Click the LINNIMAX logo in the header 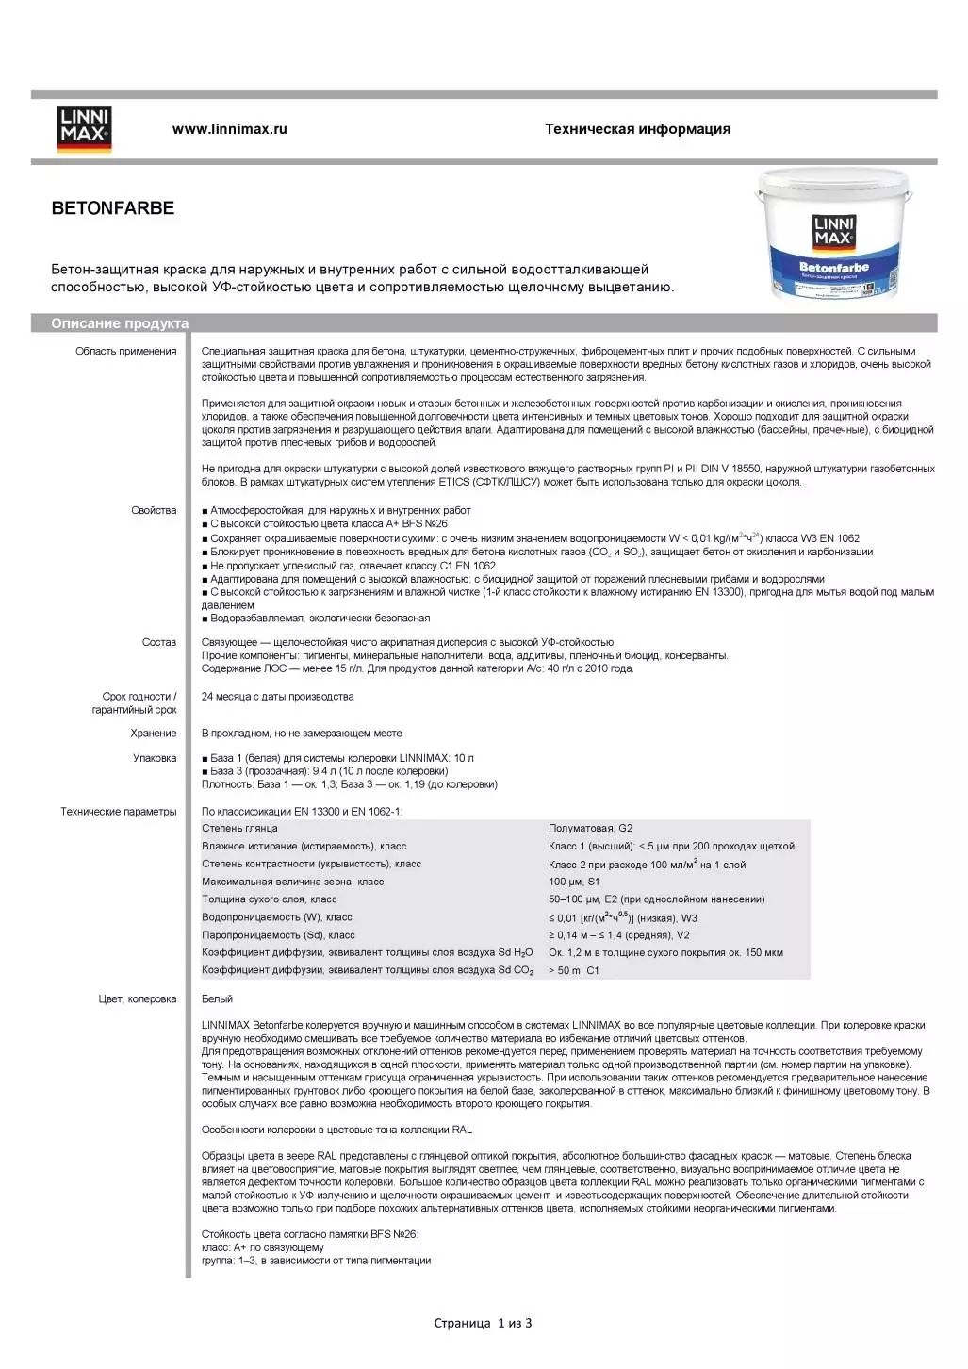(x=84, y=129)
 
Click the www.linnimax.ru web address (x=229, y=129)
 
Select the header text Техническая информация (x=637, y=129)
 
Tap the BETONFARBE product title (x=113, y=208)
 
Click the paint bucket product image (x=833, y=236)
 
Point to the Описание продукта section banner (x=120, y=323)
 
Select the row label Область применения (x=126, y=352)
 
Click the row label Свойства (x=154, y=510)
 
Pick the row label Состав (x=159, y=642)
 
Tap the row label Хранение (x=154, y=733)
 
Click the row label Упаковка (x=155, y=758)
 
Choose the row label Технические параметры (x=119, y=812)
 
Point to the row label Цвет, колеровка (x=138, y=998)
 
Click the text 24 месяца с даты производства (x=278, y=697)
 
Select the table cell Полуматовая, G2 (x=591, y=829)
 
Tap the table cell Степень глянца (x=239, y=829)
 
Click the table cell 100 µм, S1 (x=574, y=882)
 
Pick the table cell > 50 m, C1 (x=574, y=970)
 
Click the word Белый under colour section (x=217, y=998)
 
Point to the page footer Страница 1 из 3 (x=483, y=1323)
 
